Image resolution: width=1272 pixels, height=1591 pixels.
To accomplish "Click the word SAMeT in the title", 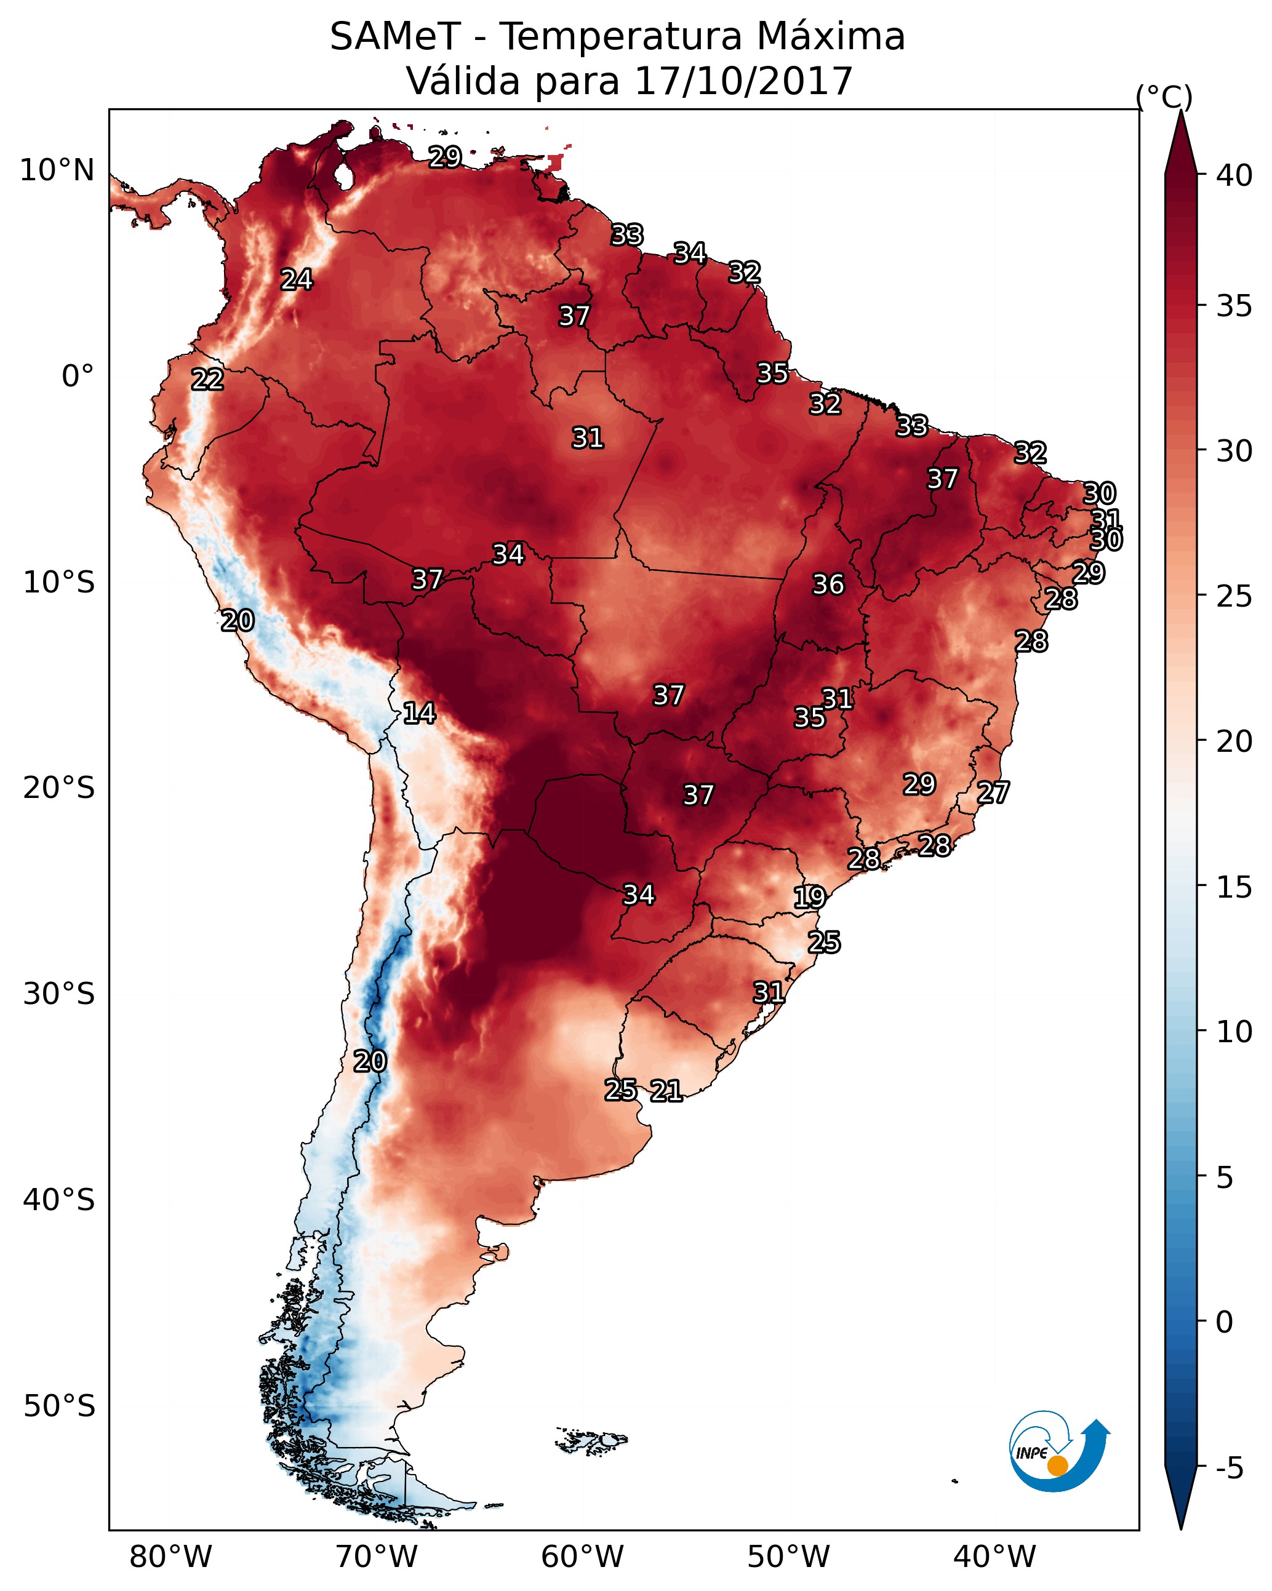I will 395,37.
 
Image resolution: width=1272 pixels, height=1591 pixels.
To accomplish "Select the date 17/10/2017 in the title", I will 743,81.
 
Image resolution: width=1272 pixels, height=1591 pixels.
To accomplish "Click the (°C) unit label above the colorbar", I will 1164,97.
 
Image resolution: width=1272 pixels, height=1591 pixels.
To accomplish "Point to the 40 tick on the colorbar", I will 1234,175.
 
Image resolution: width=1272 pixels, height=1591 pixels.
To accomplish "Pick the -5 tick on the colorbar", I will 1229,1469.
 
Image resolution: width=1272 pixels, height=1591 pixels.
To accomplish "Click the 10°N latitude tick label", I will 57,170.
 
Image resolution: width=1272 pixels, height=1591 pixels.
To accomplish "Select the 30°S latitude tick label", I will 59,994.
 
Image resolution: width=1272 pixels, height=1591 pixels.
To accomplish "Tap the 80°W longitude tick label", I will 170,1557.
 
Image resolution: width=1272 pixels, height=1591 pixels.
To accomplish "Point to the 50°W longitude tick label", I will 788,1557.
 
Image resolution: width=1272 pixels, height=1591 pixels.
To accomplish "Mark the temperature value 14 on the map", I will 419,713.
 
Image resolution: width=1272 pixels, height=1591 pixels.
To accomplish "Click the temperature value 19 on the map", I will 809,898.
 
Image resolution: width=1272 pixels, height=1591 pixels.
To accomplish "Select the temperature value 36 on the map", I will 828,584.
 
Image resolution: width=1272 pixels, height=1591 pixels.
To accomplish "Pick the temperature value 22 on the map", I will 207,380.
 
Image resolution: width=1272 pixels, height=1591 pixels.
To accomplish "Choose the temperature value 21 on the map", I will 666,1091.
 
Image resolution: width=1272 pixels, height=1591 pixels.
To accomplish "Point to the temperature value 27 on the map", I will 993,792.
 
